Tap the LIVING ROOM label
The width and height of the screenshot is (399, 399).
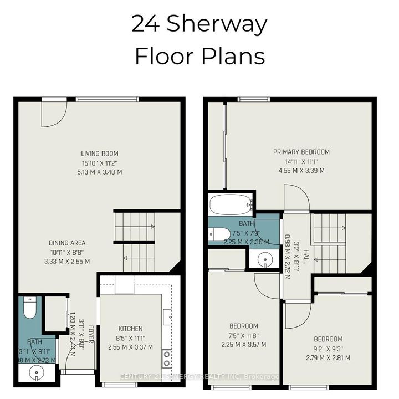tap(100, 154)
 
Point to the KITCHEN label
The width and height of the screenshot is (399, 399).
tap(131, 329)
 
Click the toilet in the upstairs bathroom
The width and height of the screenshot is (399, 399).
tap(218, 234)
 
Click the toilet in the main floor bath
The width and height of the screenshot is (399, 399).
tap(30, 307)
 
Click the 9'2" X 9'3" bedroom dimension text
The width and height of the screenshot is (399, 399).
tap(328, 348)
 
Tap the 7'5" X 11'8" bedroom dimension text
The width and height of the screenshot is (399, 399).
tap(244, 335)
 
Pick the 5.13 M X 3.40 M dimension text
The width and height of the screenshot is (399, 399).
tap(100, 172)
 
